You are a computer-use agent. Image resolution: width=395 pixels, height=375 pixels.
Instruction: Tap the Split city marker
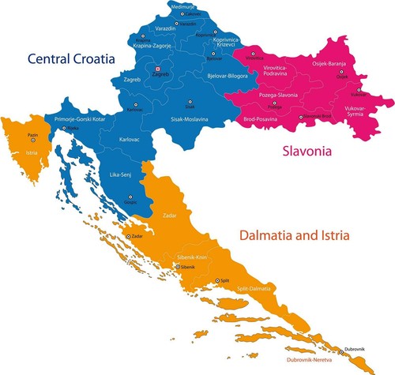coord(217,281)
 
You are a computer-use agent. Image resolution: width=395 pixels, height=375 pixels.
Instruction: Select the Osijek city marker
coord(342,70)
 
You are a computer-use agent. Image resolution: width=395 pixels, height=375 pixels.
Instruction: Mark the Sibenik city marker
coord(177,267)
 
